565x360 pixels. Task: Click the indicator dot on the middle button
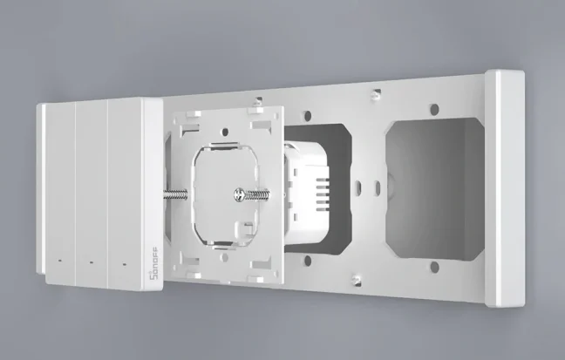tap(90, 262)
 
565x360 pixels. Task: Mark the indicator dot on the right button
tap(123, 263)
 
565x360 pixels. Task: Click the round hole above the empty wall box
tap(432, 110)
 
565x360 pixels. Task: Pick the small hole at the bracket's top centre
tap(225, 133)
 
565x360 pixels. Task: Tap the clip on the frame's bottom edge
tap(353, 279)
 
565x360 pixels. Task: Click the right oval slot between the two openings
tap(375, 187)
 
